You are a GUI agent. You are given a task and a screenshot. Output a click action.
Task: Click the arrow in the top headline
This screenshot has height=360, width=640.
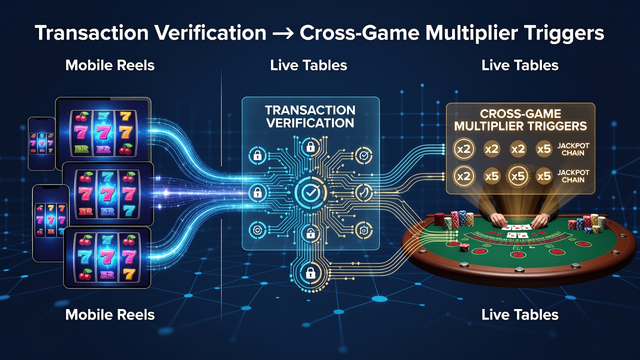pyautogui.click(x=283, y=33)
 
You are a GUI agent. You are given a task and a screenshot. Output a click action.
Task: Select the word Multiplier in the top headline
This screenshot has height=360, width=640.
pyautogui.click(x=471, y=33)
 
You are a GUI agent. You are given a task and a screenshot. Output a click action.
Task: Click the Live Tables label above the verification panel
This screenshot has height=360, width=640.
pyautogui.click(x=308, y=65)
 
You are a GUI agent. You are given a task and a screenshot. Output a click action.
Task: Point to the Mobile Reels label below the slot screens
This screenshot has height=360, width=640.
pyautogui.click(x=110, y=315)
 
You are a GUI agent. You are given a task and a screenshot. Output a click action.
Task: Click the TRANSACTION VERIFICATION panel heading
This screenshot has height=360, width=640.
pyautogui.click(x=310, y=116)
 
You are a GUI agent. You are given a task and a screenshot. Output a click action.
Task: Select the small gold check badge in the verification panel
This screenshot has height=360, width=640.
pyautogui.click(x=364, y=155)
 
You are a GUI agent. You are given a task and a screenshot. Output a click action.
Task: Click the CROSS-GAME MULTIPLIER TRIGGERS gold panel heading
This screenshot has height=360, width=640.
pyautogui.click(x=520, y=120)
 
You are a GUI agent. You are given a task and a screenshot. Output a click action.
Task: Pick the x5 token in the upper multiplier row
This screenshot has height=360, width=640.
pyautogui.click(x=543, y=149)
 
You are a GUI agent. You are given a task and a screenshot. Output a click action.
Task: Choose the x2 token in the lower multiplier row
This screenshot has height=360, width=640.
pyautogui.click(x=463, y=176)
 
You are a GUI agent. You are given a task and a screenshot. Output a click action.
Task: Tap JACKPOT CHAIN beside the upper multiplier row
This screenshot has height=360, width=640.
pyautogui.click(x=573, y=149)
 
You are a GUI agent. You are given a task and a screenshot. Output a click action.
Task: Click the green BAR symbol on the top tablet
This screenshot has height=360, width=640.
pyautogui.click(x=81, y=149)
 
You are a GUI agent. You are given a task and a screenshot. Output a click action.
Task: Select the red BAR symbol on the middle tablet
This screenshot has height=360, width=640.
pyautogui.click(x=85, y=211)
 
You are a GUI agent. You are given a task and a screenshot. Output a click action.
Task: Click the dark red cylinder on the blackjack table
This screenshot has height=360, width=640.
pyautogui.click(x=439, y=219)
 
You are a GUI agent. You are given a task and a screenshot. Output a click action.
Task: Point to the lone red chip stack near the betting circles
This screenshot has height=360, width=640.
pyautogui.click(x=464, y=247)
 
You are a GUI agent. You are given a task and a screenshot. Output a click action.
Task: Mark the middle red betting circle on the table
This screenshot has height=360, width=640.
pyautogui.click(x=517, y=253)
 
